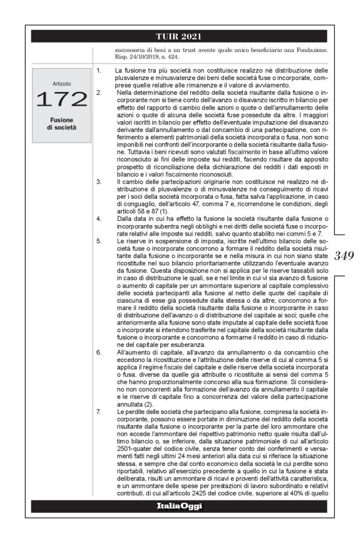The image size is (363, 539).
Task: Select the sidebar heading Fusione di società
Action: tap(61, 123)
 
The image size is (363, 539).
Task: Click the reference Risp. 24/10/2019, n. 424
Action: tap(143, 54)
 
